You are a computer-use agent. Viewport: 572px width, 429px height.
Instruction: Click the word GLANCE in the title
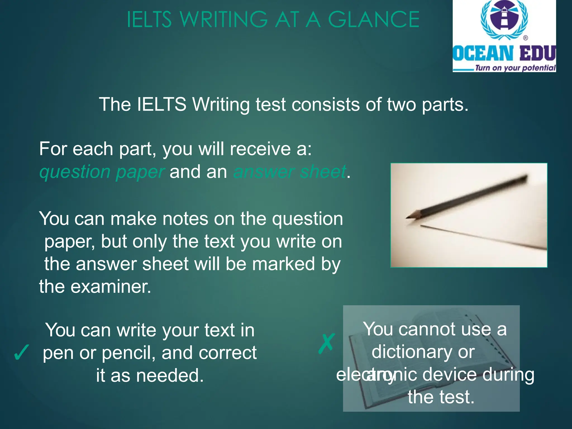[x=373, y=20]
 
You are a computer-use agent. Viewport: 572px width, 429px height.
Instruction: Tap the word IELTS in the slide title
[x=149, y=20]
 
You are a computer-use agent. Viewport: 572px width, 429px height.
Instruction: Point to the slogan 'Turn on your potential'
[x=515, y=68]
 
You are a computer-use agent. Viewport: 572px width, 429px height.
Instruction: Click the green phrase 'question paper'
[x=102, y=172]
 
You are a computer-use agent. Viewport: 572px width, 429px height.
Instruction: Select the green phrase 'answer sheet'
[x=290, y=172]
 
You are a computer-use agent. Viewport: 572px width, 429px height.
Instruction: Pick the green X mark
[x=326, y=344]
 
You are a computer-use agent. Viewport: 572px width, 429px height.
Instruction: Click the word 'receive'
[x=260, y=149]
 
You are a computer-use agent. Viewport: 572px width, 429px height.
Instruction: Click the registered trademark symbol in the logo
[x=525, y=38]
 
